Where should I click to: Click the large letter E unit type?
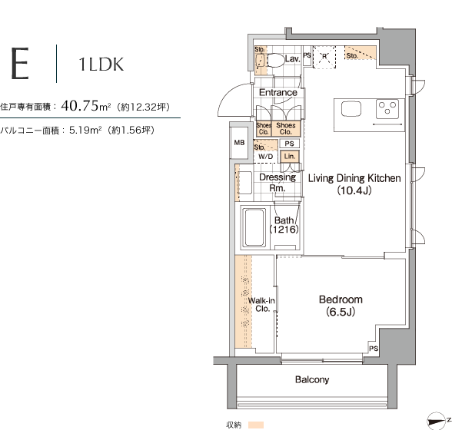20,63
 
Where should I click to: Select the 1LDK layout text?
101,64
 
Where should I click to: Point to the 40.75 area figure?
80,106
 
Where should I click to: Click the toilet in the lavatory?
275,60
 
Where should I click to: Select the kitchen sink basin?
351,109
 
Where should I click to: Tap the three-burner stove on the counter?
387,109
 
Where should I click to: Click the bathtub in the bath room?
254,228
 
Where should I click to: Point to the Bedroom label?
341,299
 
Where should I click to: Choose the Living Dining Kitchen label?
354,178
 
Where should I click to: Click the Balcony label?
312,379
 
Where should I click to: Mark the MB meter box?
239,143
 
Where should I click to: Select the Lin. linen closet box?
289,157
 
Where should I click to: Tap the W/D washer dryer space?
265,157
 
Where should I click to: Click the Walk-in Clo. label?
261,304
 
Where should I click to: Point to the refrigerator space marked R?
324,57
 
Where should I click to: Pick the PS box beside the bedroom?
374,348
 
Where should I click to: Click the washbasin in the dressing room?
244,183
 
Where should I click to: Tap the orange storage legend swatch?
256,425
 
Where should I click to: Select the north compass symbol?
436,421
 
